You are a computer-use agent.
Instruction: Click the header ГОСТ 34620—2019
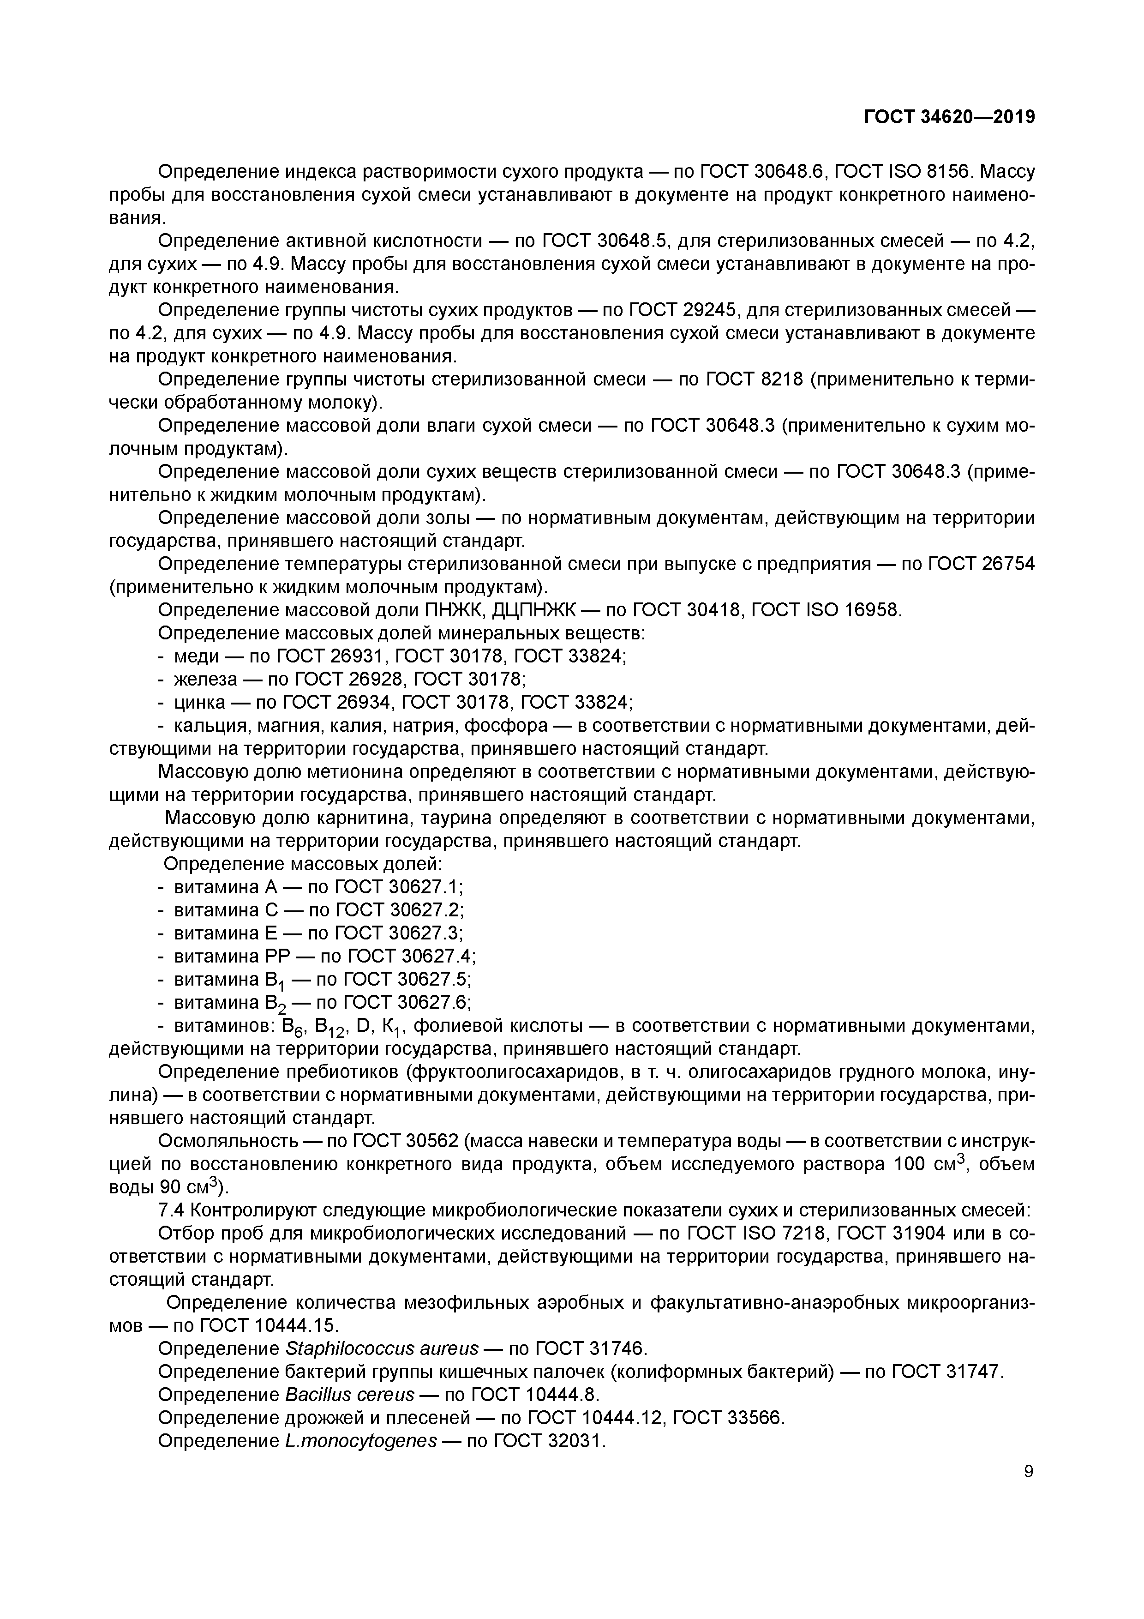pos(949,117)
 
